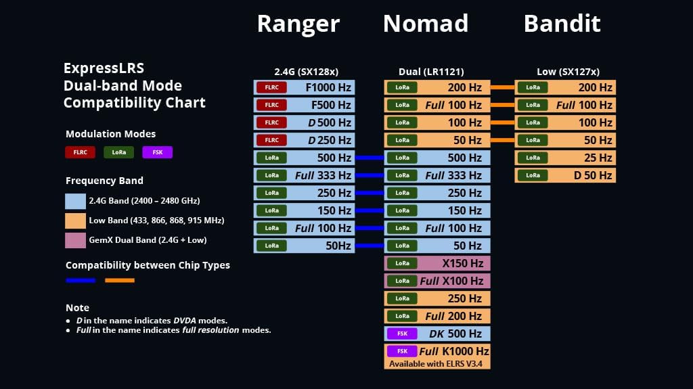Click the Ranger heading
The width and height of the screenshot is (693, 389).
click(298, 24)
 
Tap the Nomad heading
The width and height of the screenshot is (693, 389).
click(425, 24)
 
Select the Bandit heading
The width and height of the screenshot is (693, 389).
click(562, 24)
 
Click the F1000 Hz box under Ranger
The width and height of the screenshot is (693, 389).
click(304, 87)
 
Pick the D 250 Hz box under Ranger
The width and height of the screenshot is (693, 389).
click(304, 140)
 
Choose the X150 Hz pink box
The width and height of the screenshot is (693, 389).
click(437, 263)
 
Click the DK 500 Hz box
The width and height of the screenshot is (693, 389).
click(437, 334)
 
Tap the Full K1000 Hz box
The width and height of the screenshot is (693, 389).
click(437, 351)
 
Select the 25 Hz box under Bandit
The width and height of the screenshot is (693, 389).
click(565, 158)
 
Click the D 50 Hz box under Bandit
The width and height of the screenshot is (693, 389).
click(565, 175)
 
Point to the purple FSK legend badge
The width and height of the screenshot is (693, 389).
click(157, 152)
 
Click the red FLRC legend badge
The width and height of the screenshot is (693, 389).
click(80, 152)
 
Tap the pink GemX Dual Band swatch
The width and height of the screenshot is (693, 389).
click(75, 239)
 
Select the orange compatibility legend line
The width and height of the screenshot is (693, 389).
click(120, 280)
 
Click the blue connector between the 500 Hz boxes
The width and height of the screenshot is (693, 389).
click(370, 158)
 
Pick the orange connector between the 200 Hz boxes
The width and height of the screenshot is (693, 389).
click(502, 87)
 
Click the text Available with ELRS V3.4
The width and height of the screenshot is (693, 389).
click(437, 364)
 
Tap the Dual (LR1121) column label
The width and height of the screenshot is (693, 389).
click(431, 72)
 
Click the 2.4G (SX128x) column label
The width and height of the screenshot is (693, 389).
click(306, 72)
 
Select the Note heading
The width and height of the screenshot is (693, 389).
click(77, 308)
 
